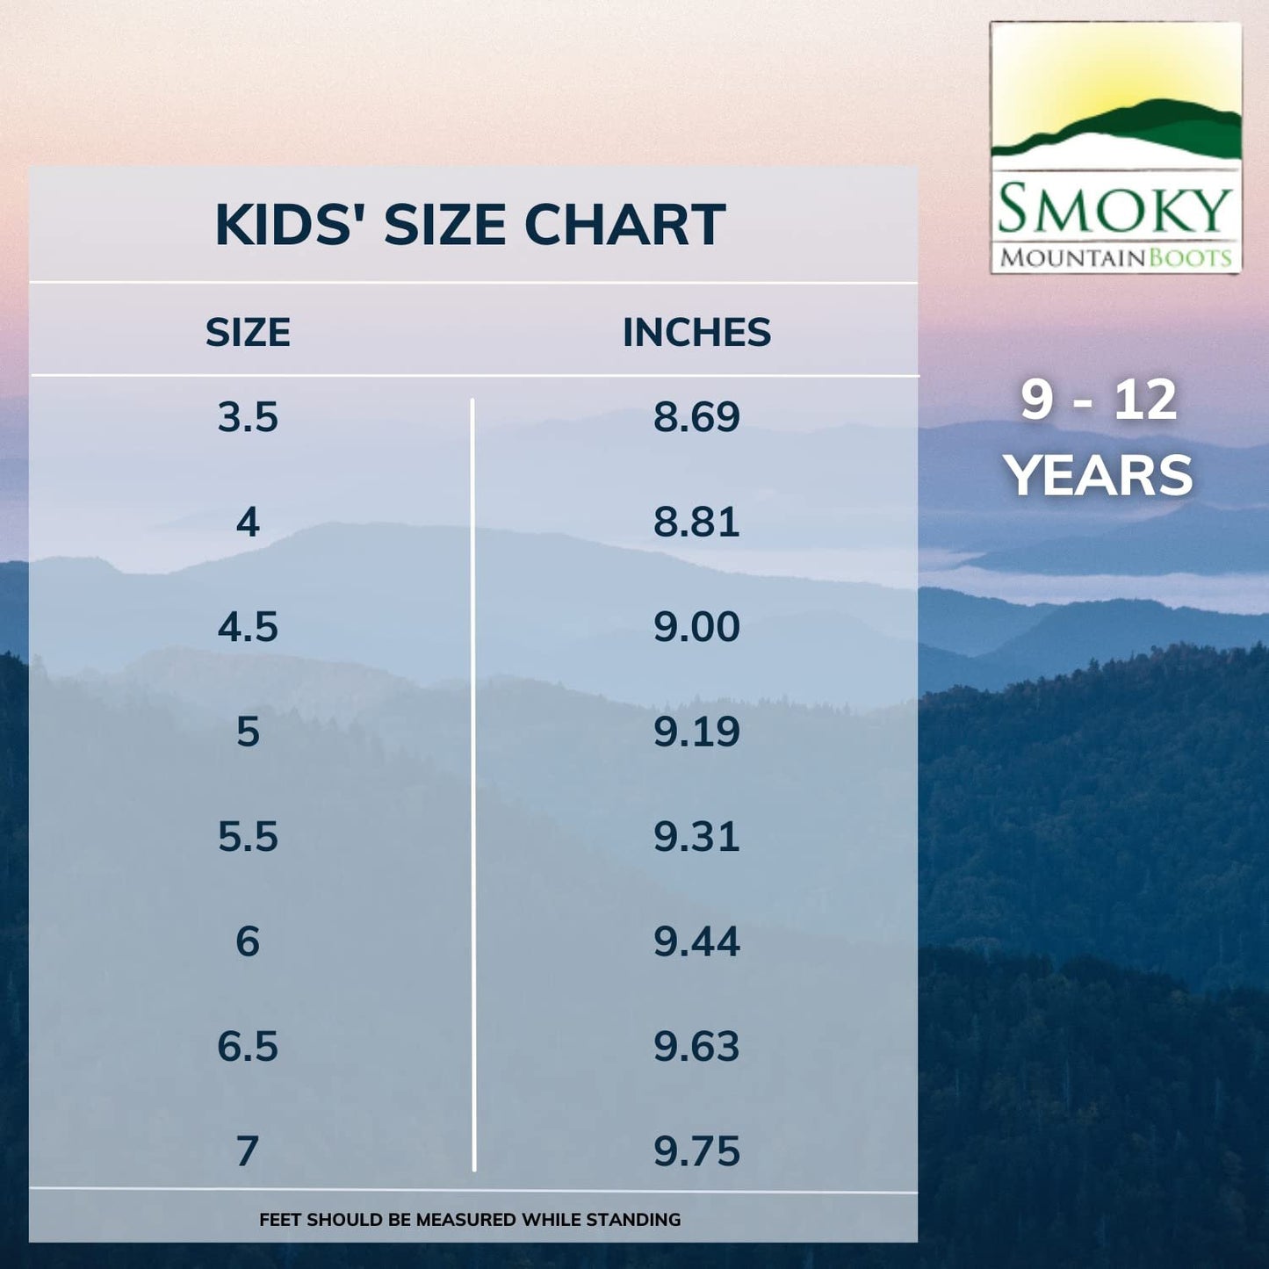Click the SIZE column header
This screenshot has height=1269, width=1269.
248,333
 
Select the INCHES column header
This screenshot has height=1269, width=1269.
696,333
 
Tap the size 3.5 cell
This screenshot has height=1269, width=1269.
248,417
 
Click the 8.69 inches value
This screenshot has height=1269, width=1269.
696,417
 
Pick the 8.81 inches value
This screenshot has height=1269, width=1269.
696,522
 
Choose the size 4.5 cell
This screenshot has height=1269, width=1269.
248,627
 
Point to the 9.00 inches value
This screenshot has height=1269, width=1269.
696,627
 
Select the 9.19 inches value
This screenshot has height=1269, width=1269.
696,732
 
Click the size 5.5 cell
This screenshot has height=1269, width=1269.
248,837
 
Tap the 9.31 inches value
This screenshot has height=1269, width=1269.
696,837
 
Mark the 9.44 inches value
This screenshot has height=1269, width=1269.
696,941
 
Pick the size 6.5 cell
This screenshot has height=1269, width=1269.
248,1047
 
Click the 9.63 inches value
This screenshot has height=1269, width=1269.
696,1047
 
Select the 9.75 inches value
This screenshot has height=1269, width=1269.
696,1151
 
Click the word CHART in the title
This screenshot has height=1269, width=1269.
624,225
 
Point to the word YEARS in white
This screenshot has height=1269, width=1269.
1099,476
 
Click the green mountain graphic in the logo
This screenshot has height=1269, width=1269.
1142,127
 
